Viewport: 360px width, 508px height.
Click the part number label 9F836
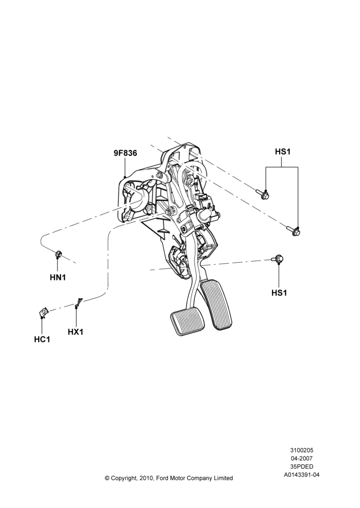[x=125, y=153]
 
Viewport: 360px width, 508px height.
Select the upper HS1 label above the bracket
[x=283, y=151]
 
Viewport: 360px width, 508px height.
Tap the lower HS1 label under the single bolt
[x=279, y=293]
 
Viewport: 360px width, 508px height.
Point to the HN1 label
[x=58, y=277]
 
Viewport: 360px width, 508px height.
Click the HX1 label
[x=76, y=332]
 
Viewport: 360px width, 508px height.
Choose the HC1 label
[x=42, y=339]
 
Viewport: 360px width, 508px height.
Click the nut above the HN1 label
[x=58, y=254]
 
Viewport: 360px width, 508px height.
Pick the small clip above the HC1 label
[x=43, y=312]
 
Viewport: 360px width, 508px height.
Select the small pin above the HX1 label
[x=78, y=303]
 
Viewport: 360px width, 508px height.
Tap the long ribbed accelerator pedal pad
[x=216, y=305]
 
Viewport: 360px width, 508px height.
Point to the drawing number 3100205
[x=302, y=450]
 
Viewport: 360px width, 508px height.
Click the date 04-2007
[x=302, y=458]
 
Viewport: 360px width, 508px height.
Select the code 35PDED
[x=302, y=467]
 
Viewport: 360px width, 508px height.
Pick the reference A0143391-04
[x=302, y=475]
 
